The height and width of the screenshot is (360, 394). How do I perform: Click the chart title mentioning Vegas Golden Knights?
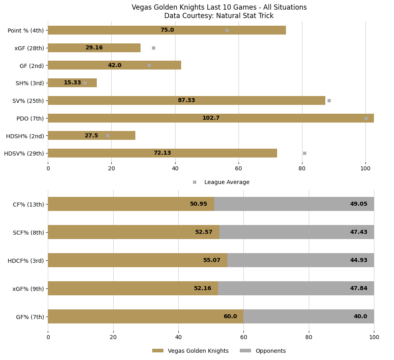click(219, 8)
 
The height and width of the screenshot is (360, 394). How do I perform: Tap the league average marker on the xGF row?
click(153, 48)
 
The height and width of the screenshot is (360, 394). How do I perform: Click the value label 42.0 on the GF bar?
click(114, 65)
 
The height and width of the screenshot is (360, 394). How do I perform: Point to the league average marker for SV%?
click(329, 100)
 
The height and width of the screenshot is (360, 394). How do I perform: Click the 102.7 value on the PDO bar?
click(211, 118)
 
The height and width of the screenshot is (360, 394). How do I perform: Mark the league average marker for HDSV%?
click(304, 153)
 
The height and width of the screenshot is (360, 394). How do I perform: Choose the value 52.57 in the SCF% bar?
click(204, 232)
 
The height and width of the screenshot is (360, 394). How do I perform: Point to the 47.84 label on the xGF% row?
click(358, 288)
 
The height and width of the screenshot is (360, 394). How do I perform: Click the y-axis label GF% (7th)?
click(30, 317)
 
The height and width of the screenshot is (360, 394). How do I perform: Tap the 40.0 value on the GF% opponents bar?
click(360, 317)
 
